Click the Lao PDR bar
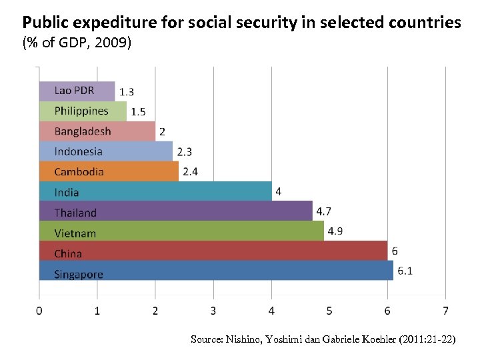(x=77, y=91)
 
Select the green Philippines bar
(x=83, y=111)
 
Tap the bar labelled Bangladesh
(x=97, y=131)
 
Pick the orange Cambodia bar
(x=109, y=171)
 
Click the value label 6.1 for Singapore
(x=405, y=271)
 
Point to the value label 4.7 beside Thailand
(x=324, y=211)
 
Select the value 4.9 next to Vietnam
(x=335, y=231)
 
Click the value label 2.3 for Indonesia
(x=184, y=152)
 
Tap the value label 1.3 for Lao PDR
(x=126, y=92)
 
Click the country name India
(x=67, y=193)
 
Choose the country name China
(x=68, y=253)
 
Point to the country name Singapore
(x=79, y=274)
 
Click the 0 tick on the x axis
(x=39, y=310)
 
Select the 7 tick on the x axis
(x=445, y=310)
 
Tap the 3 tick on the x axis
(x=213, y=310)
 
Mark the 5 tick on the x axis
(x=329, y=310)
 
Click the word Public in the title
(x=46, y=23)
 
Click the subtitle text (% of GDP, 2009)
(x=77, y=44)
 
